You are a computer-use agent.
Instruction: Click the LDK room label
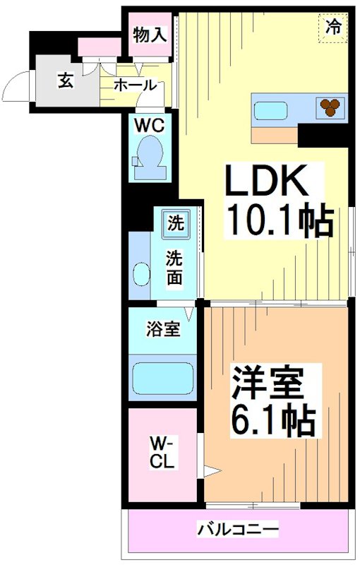coord(267,182)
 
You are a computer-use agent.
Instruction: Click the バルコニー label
coord(238,528)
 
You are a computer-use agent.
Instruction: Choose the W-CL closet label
coord(163,451)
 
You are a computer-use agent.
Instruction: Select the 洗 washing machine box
coord(174,224)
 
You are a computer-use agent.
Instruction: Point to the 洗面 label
coord(174,268)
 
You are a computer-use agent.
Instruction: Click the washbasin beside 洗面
coord(140,274)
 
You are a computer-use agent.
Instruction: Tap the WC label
coord(150,126)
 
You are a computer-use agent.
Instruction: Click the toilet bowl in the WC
coord(149,154)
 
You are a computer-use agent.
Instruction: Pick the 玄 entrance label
coord(65,81)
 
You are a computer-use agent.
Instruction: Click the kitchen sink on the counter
coord(268,110)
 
